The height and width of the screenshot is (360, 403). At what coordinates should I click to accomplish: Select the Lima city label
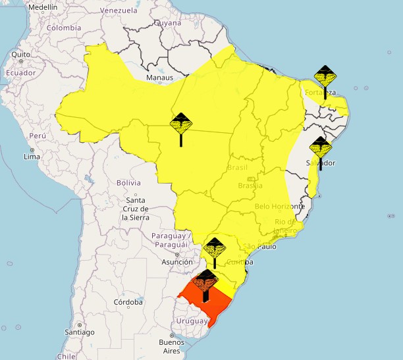click(x=32, y=157)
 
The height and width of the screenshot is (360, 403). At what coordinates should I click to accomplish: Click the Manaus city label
click(x=159, y=78)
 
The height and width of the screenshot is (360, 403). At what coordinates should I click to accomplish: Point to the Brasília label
click(x=250, y=186)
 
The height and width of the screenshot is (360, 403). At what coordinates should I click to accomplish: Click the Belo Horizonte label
click(x=279, y=206)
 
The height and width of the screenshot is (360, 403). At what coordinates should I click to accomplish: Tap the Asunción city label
click(x=177, y=261)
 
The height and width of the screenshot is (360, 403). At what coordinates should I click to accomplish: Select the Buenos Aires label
click(x=171, y=346)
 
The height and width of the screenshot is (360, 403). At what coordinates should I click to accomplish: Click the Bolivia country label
click(x=128, y=182)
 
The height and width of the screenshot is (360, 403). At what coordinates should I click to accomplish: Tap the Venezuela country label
click(x=119, y=11)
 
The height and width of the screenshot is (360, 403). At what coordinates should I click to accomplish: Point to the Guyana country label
click(x=167, y=22)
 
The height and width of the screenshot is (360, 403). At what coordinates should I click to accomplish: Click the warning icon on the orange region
click(x=206, y=282)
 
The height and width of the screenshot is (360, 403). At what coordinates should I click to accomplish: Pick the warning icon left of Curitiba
click(x=214, y=249)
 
